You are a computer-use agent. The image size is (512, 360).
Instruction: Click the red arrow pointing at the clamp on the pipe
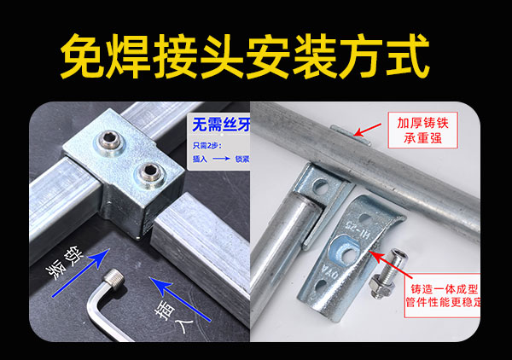tap(368, 130)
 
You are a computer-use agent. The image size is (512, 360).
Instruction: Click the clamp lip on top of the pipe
tap(338, 131)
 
